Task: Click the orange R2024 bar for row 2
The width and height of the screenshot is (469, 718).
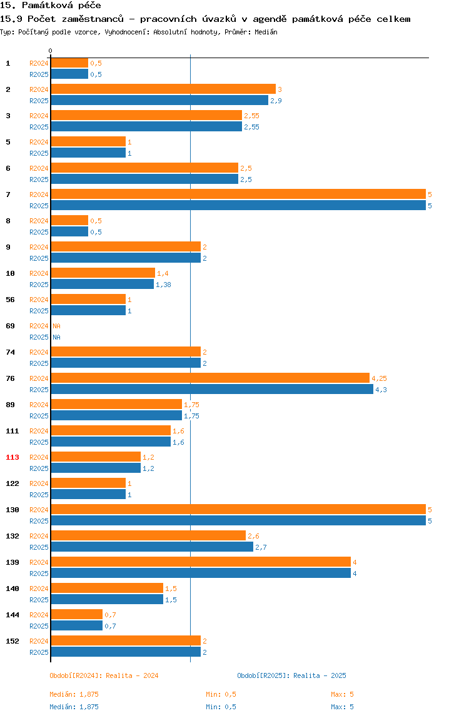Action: click(x=163, y=89)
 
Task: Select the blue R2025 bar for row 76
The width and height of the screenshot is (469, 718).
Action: click(x=212, y=389)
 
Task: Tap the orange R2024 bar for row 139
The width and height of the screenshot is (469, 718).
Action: click(x=201, y=562)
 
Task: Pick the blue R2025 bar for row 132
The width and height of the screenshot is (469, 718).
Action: click(x=152, y=547)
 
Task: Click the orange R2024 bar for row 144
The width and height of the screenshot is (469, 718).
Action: click(x=77, y=615)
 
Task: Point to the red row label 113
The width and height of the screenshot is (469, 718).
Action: click(x=13, y=457)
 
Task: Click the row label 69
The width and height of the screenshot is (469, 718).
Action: click(x=10, y=326)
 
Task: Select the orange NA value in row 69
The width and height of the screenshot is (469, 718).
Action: click(x=56, y=326)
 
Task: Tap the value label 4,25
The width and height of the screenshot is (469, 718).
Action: click(x=379, y=378)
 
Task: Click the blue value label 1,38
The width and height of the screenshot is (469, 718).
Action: click(x=163, y=285)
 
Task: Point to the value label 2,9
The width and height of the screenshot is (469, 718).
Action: click(x=276, y=101)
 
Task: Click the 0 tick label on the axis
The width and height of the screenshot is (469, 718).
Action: click(x=51, y=51)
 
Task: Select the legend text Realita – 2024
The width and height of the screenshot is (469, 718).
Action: click(x=132, y=675)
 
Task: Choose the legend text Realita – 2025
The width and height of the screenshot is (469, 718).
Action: click(x=320, y=675)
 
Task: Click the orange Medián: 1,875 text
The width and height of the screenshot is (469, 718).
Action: click(x=74, y=694)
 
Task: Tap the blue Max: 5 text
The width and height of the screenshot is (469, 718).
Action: click(x=342, y=707)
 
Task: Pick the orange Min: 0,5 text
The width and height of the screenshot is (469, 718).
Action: click(x=221, y=694)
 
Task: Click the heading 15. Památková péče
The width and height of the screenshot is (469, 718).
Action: click(x=51, y=6)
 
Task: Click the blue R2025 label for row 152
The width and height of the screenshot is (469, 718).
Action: click(x=39, y=652)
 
